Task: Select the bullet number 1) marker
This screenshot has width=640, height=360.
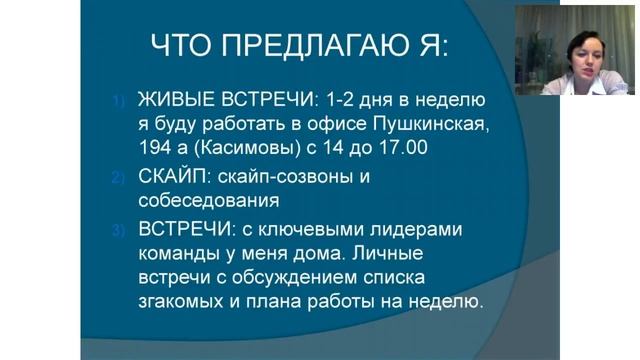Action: [x=115, y=100]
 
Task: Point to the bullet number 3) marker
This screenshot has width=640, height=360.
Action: [x=115, y=230]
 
